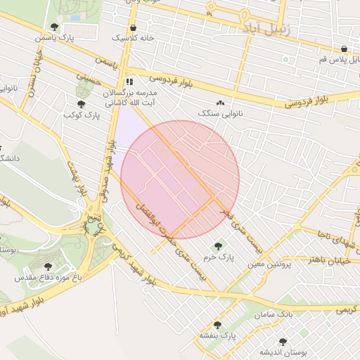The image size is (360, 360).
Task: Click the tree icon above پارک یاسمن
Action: click(55, 27)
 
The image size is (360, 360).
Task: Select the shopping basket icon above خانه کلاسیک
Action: click(133, 28)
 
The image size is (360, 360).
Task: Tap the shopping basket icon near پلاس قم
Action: click(343, 49)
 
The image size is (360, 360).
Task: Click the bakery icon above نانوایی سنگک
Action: click(221, 103)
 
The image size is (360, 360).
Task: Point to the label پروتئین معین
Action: click(264, 264)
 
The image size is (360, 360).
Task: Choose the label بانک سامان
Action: click(295, 312)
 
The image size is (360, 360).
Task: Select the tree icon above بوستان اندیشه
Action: click(283, 342)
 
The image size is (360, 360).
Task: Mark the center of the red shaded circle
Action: click(181, 179)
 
